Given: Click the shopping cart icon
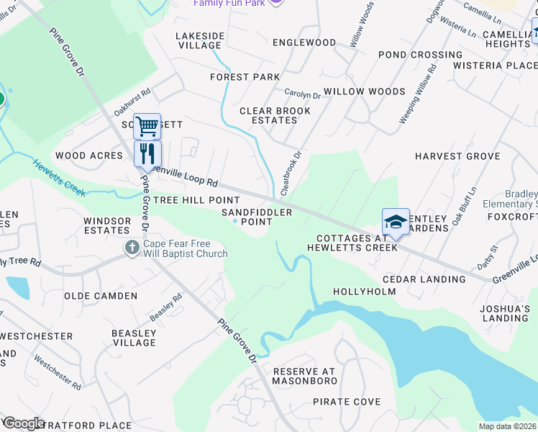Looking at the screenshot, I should (x=147, y=127).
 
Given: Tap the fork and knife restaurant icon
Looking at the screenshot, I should (x=147, y=153).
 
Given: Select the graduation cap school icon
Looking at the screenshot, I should (x=396, y=222).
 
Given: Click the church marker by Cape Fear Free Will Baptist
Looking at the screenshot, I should (x=131, y=248).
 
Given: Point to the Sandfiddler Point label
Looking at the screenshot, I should (x=257, y=217).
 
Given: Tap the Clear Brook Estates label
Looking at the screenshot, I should (x=275, y=116).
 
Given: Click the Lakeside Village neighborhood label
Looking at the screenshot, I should (x=200, y=40).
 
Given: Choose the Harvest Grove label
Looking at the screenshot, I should (x=457, y=156).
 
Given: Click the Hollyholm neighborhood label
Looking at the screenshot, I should (x=365, y=292).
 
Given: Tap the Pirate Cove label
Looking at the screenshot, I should (x=347, y=402).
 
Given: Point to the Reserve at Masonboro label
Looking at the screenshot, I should (x=305, y=375).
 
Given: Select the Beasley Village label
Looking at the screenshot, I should (x=134, y=338).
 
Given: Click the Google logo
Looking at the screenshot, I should (x=24, y=423).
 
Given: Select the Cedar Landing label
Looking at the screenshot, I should (x=424, y=279).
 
